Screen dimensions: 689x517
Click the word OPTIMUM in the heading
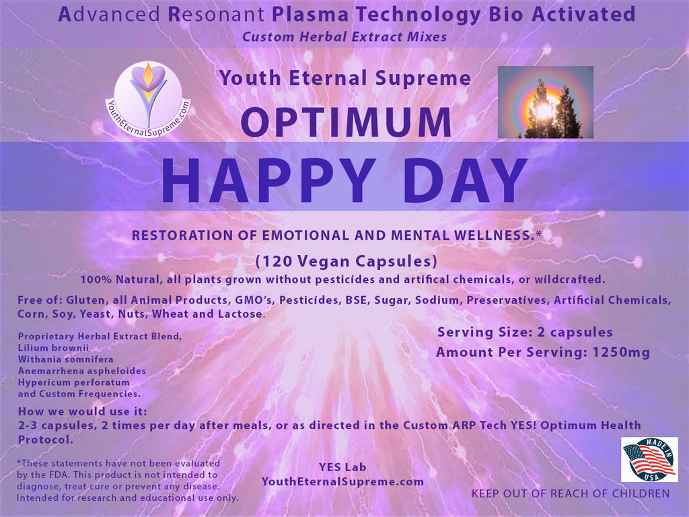point(347,122)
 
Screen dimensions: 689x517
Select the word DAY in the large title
point(467,180)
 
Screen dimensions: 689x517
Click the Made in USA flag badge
point(649,459)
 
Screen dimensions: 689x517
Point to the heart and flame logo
point(149,100)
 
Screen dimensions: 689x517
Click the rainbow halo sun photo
point(546,102)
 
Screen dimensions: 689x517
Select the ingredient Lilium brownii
point(53,348)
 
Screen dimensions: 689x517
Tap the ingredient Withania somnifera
point(65,359)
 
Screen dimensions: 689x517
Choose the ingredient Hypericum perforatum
point(74,382)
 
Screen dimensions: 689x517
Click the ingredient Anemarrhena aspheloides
point(81,371)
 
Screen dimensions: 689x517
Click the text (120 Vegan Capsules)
point(347,261)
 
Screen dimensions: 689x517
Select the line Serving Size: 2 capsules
point(525,333)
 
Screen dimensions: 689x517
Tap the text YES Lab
point(342,467)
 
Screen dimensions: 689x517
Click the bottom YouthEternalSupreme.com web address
point(342,481)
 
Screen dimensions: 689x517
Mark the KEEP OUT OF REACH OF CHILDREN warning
point(571,493)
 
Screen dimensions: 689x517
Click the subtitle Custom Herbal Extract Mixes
point(344,37)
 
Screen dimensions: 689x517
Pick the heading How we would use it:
point(83,411)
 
